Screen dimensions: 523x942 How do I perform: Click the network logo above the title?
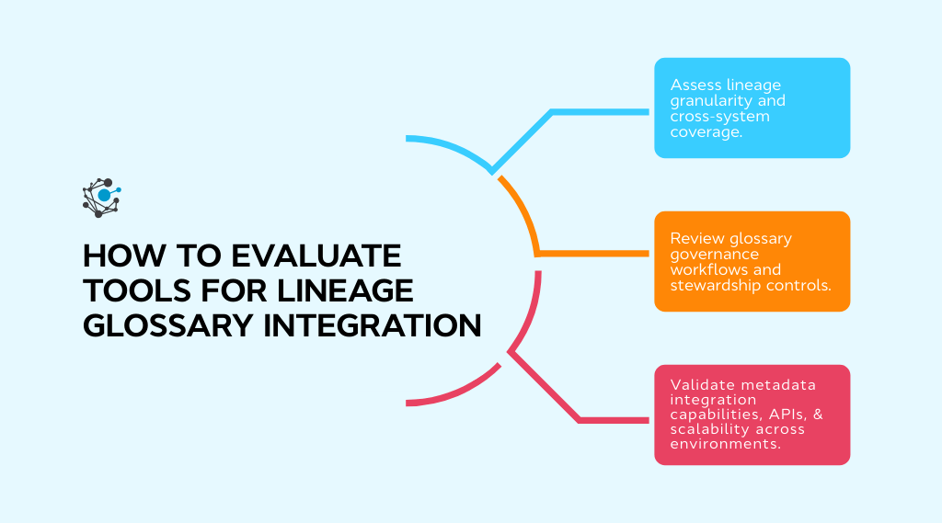[102, 197]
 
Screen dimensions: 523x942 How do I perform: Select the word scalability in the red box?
[720, 429]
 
